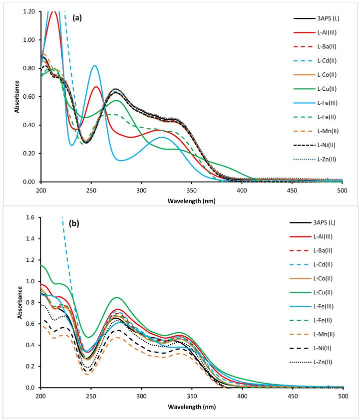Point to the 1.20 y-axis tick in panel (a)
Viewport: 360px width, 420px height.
(x=29, y=11)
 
